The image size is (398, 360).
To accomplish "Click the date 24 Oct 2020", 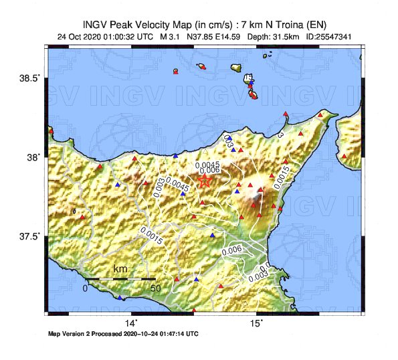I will pyautogui.click(x=81, y=37).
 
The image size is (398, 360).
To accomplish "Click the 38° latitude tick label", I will pyautogui.click(x=34, y=157).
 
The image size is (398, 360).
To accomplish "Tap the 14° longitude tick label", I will pyautogui.click(x=132, y=323).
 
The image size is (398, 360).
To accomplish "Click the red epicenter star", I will pyautogui.click(x=205, y=179).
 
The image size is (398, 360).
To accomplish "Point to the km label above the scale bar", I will pyautogui.click(x=120, y=269).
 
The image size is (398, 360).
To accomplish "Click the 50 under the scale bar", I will pyautogui.click(x=155, y=288).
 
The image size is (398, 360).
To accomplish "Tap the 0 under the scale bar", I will pyautogui.click(x=85, y=288).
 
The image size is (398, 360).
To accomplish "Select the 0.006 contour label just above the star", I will pyautogui.click(x=210, y=171).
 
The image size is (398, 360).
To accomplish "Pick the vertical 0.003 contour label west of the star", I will pyautogui.click(x=159, y=187).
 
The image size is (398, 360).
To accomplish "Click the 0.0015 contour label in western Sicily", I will pyautogui.click(x=152, y=232).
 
